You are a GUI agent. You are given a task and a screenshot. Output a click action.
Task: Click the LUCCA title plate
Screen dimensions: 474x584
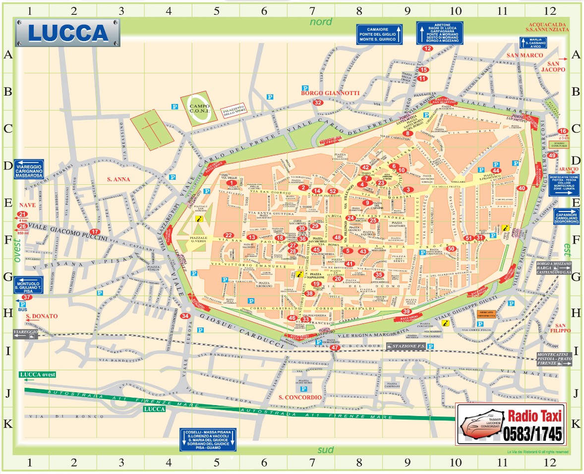point(67,33)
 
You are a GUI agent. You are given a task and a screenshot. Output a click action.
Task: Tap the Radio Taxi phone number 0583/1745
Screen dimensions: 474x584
point(533,434)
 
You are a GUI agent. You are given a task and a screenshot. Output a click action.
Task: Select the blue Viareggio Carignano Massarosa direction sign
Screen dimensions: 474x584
point(29,169)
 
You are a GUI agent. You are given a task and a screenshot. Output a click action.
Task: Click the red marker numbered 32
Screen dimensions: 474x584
point(318,103)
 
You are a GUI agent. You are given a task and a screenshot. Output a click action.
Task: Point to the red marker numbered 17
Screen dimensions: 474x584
point(95,231)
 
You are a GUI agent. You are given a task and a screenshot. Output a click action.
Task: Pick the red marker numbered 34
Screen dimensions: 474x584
point(185,316)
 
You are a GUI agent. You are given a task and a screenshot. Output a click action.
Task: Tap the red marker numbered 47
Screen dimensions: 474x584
point(336,348)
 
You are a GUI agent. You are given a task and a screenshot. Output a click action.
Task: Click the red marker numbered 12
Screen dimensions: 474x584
point(427,49)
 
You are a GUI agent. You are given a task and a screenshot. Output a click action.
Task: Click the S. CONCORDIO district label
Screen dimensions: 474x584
point(300,397)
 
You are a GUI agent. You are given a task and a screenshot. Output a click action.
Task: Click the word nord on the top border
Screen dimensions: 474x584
point(321,22)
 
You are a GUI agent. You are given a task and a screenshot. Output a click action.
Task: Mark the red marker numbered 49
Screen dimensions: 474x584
point(553,156)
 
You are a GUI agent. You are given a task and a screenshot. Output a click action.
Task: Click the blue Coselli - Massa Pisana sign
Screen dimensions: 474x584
point(208,439)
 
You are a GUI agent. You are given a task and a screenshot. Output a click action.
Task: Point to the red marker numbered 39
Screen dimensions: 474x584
point(406,311)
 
